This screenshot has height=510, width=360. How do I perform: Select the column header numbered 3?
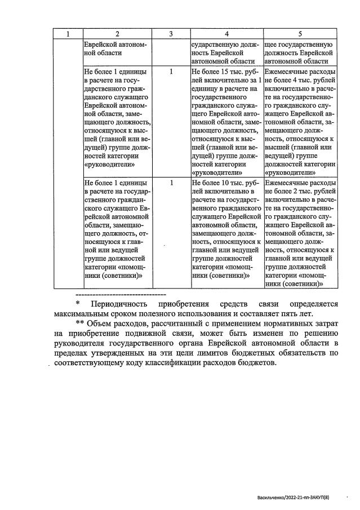click(171, 34)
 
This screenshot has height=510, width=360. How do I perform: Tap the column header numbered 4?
click(226, 34)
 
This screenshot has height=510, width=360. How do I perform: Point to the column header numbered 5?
click(300, 34)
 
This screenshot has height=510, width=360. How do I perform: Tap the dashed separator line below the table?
click(120, 294)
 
